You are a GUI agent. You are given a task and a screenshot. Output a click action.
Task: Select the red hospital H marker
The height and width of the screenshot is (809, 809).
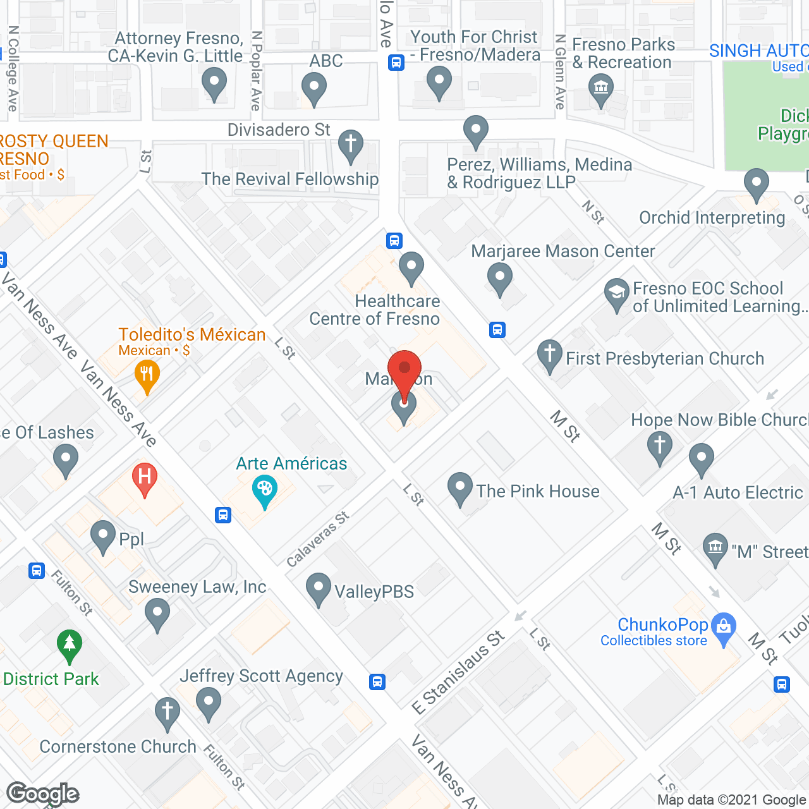144,477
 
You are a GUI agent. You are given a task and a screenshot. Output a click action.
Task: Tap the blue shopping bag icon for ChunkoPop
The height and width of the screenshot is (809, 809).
724,628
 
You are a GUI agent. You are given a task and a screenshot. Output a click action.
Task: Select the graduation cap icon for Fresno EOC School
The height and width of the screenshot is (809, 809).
616,293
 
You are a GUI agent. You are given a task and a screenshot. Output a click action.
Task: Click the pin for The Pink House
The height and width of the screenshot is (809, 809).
460,487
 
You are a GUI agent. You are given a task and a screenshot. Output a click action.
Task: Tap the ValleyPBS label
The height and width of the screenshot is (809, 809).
374,592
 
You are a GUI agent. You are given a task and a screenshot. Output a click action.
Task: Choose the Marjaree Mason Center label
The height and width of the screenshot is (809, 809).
563,251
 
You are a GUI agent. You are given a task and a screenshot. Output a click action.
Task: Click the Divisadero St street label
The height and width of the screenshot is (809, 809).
279,130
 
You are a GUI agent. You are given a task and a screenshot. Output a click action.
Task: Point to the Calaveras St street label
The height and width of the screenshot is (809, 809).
317,539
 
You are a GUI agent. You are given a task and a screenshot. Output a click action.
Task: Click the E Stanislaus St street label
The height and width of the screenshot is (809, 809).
459,672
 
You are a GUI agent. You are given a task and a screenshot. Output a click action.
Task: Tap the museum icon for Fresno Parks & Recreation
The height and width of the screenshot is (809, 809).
600,88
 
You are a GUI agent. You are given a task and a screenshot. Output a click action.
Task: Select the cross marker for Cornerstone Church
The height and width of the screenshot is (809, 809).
167,712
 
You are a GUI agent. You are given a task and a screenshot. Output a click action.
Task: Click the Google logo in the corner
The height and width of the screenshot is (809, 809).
42,794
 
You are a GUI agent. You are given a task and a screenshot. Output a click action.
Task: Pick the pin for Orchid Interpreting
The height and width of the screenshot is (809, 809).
756,183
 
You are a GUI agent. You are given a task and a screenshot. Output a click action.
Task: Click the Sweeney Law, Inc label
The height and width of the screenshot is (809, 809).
197,587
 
